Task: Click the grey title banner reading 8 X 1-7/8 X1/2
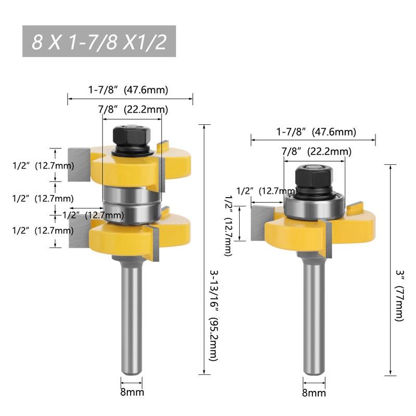coord(99,41)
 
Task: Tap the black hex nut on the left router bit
coord(132,136)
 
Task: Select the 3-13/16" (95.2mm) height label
coord(214,315)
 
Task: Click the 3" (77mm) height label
coord(399,295)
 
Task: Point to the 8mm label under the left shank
coord(132,392)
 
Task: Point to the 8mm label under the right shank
coord(314,393)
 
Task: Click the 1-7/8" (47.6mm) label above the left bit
coord(128,89)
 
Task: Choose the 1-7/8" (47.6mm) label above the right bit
coord(316,132)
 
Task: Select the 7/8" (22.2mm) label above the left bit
coord(133,109)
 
